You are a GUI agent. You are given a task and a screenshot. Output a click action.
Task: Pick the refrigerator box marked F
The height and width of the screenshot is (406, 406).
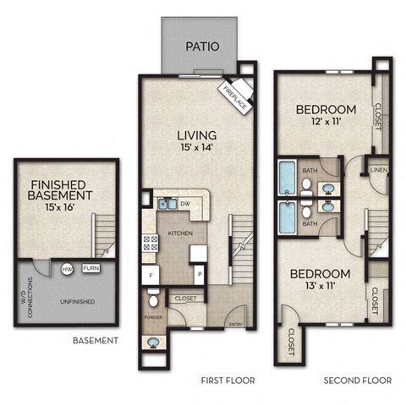point(150,276)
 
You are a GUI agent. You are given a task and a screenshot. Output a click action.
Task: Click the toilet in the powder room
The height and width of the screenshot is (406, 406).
point(153,300)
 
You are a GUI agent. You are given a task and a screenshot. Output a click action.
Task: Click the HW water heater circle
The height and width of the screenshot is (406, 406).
point(67,269)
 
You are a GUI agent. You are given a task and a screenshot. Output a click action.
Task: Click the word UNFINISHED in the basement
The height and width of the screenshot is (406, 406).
point(76,301)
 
